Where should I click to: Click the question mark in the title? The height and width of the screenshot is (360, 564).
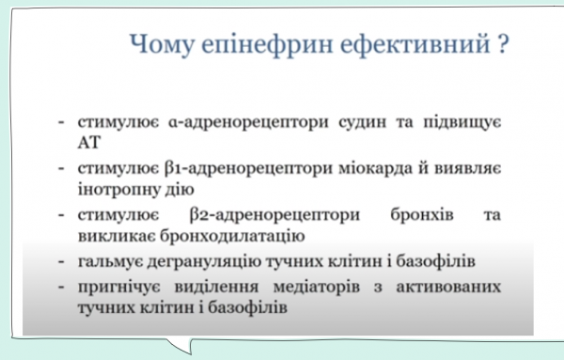click(503, 45)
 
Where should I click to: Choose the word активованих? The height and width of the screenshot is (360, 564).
click(454, 285)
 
